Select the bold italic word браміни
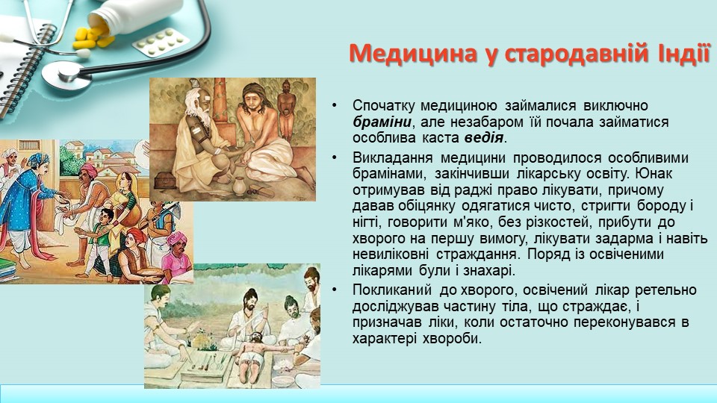coord(382,122)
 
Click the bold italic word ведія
coord(484,137)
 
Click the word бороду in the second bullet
coord(659,206)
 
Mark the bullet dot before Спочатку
coord(335,106)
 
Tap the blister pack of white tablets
coord(161,42)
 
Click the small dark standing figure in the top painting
coord(286,110)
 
